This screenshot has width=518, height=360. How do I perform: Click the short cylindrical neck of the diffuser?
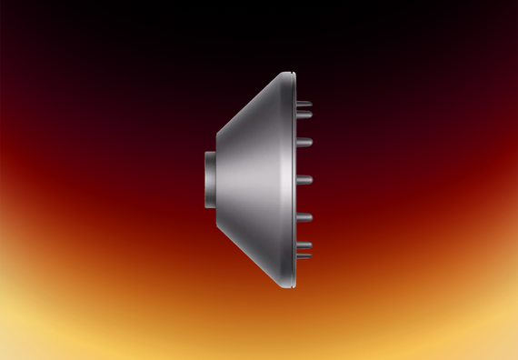click(208, 179)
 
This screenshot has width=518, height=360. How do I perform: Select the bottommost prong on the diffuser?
click(304, 255)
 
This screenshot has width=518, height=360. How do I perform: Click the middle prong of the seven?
click(304, 179)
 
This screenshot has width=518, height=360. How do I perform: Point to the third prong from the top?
click(304, 142)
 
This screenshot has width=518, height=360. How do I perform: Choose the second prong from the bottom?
click(304, 245)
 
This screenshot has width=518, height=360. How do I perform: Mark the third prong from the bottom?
click(304, 216)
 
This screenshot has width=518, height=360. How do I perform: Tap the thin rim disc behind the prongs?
click(294, 179)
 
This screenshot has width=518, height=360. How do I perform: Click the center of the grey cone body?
click(254, 179)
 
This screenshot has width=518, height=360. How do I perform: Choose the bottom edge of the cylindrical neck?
click(209, 206)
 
